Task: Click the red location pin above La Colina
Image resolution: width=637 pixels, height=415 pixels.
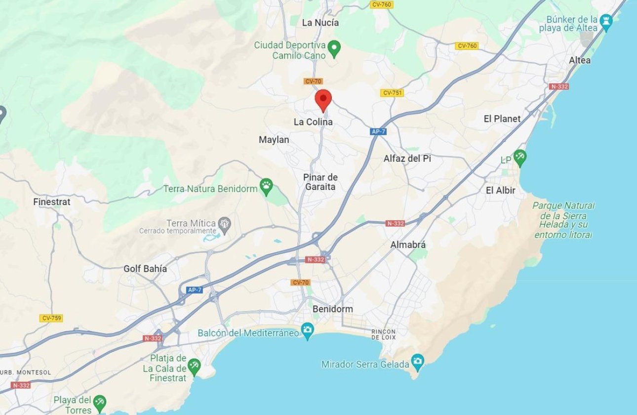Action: (323, 100)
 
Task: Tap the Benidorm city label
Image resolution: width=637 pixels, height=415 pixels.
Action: (333, 309)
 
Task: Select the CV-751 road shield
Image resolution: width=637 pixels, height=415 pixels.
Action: (392, 93)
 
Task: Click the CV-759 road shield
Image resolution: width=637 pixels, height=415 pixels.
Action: (52, 318)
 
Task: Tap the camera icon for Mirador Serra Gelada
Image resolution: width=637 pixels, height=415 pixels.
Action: (418, 361)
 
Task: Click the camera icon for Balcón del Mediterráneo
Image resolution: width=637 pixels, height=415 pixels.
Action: (308, 331)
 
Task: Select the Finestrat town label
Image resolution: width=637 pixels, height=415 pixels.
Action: (51, 202)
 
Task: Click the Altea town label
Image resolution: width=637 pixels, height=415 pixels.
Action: (579, 60)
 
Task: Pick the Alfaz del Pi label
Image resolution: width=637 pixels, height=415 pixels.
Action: (407, 159)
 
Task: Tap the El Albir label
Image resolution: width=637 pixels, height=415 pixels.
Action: (500, 190)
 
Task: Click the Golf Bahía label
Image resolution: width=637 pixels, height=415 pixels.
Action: (145, 269)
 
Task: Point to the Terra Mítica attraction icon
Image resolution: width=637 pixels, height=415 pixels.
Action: (225, 224)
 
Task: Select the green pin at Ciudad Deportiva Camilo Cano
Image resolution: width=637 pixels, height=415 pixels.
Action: (334, 48)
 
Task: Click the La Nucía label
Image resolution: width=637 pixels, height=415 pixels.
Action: (320, 22)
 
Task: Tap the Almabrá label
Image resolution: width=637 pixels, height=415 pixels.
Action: (407, 245)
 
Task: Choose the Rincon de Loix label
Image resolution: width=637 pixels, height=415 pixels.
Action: (383, 334)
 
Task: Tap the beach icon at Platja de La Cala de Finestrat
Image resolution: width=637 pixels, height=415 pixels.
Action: (194, 366)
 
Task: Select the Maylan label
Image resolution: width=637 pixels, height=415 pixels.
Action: (274, 140)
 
